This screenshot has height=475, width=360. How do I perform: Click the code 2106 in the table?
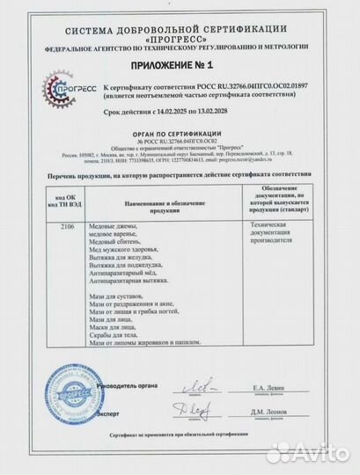(56, 226)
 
